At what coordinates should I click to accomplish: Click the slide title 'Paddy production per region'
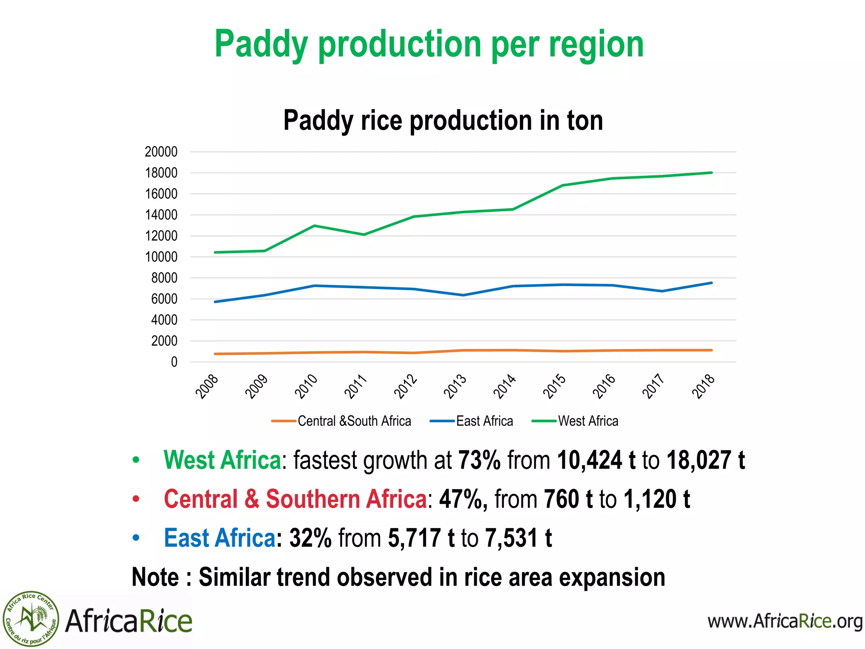429,45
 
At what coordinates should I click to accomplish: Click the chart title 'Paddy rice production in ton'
443,120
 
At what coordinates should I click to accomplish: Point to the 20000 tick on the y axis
161,152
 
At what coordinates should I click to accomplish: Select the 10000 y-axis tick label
161,257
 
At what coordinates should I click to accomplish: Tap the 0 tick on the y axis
174,362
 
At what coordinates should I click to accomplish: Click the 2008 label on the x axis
207,386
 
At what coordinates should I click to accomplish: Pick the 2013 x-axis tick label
455,386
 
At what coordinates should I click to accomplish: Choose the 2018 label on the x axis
704,386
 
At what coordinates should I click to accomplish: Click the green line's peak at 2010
315,226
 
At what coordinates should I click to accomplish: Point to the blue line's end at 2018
712,283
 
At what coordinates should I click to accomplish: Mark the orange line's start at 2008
215,354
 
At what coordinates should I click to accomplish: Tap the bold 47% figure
463,499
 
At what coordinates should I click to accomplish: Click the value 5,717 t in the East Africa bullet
421,538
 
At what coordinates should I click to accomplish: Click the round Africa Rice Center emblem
30,619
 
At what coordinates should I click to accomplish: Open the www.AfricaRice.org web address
785,621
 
